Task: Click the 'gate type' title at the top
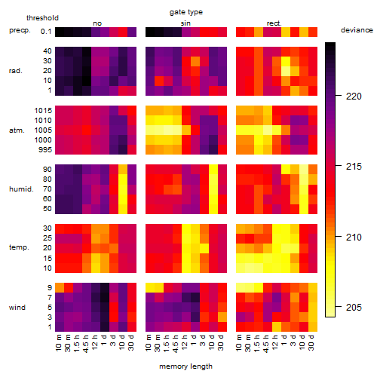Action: pos(186,12)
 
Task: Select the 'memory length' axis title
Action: pos(185,366)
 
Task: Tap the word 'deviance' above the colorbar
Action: pos(357,30)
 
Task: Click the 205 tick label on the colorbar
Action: pos(354,307)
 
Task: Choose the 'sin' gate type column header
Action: pos(185,23)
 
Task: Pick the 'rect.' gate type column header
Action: pos(274,23)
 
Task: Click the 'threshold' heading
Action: pos(42,18)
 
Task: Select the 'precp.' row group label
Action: pos(20,30)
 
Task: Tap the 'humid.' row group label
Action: pos(21,189)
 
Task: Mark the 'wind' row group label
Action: pos(17,308)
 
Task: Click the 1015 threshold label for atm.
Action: pos(43,111)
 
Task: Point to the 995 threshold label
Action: pos(45,150)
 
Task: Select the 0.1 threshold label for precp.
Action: pos(46,32)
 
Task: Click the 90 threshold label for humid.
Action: pos(48,170)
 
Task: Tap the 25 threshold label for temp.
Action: pos(48,238)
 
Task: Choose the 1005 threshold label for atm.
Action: pos(43,130)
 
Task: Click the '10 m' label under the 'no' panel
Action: pos(59,342)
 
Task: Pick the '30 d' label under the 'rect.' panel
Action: pos(311,342)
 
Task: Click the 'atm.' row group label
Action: pos(17,130)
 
